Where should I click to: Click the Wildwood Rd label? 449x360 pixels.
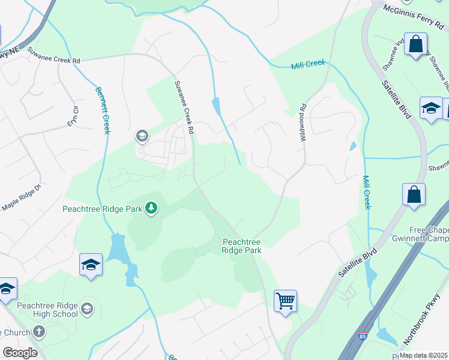click(x=303, y=119)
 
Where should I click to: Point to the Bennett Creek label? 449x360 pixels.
click(x=102, y=110)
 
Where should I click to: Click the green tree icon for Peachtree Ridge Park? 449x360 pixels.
click(x=152, y=208)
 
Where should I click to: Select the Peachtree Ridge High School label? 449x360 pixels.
click(x=47, y=309)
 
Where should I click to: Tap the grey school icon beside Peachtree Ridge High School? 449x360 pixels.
click(x=87, y=309)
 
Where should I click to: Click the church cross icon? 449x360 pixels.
click(x=38, y=331)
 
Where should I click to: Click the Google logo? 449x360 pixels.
click(x=20, y=353)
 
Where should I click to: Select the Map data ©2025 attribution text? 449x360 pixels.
click(x=423, y=355)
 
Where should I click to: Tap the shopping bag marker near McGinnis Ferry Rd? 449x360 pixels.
click(x=415, y=44)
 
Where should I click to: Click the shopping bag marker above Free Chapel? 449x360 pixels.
click(x=414, y=194)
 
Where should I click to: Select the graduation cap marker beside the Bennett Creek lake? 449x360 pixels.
click(x=90, y=265)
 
